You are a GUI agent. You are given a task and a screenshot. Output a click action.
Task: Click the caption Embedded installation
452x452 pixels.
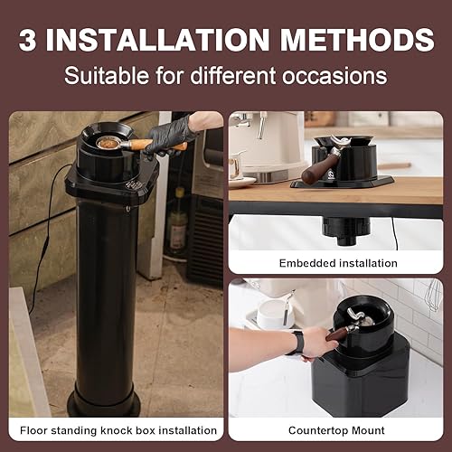point(338,263)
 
